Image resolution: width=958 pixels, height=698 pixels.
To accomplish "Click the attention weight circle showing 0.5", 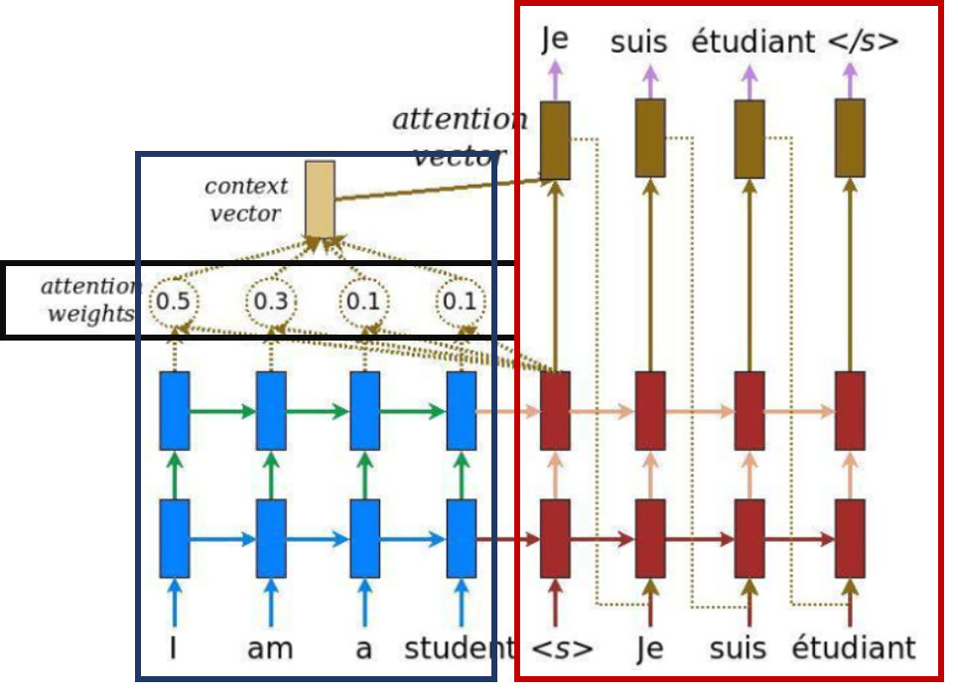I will click(174, 300).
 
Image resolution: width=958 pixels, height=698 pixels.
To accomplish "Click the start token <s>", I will click(562, 649).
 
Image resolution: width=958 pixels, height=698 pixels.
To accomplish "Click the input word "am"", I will click(270, 649).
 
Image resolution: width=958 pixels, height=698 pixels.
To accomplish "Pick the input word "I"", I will click(174, 649).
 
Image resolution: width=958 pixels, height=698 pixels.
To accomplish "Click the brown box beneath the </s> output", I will click(849, 139).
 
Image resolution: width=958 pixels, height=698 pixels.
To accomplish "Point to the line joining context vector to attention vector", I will click(437, 190).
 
